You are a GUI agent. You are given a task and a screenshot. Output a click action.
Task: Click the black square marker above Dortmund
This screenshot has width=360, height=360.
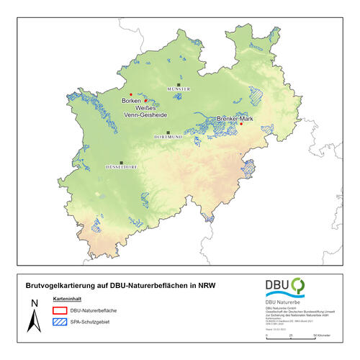pos(168,132)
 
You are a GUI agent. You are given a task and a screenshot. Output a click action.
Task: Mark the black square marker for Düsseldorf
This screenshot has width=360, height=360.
pos(122,162)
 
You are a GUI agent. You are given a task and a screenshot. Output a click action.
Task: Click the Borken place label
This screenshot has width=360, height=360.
pos(131,101)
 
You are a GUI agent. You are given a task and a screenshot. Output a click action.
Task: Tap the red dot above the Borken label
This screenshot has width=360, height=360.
pos(130,94)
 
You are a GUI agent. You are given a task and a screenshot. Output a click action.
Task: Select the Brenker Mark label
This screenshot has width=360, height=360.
pos(236,118)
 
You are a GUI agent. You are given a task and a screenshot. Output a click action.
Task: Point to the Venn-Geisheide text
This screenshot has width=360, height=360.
pos(147,114)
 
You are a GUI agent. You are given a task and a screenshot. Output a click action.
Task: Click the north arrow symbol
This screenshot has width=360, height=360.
pos(33,316)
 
